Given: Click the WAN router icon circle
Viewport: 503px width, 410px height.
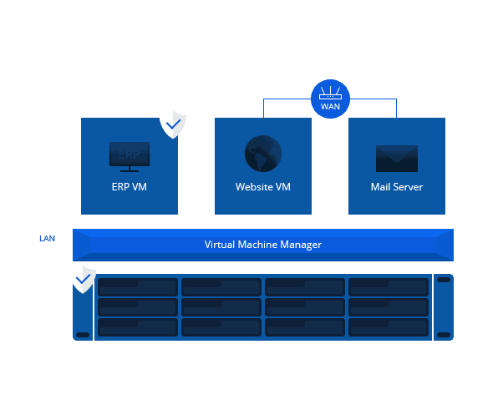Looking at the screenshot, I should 330,99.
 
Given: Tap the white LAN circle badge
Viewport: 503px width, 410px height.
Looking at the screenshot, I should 47,238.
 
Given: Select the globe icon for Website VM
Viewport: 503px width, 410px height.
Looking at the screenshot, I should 263,154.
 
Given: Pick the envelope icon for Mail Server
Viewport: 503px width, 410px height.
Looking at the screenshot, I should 397,158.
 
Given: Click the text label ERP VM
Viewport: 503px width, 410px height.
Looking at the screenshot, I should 130,187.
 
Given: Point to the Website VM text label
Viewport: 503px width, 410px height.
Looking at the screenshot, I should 263,187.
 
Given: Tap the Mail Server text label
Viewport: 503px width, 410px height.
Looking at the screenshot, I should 397,187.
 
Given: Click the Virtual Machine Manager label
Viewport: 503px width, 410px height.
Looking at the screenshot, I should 263,245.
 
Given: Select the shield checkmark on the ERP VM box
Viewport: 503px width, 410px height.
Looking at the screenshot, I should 173,124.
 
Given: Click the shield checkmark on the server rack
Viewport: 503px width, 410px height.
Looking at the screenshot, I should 82,279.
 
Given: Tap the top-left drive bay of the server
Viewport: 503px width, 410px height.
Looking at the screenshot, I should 138,287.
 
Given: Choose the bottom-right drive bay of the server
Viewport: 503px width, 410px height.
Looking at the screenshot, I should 389,327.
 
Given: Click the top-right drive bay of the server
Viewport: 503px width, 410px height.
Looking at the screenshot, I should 389,287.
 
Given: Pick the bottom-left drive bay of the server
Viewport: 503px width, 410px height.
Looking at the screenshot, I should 138,327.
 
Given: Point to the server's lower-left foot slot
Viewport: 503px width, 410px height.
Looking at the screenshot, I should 82,335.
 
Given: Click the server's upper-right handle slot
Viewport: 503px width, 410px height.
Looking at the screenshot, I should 444,280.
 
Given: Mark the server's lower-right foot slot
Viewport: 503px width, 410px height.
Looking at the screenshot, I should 444,335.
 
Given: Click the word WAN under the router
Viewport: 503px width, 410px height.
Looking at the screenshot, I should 330,107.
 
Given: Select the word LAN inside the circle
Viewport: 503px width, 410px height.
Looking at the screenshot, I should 47,239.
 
